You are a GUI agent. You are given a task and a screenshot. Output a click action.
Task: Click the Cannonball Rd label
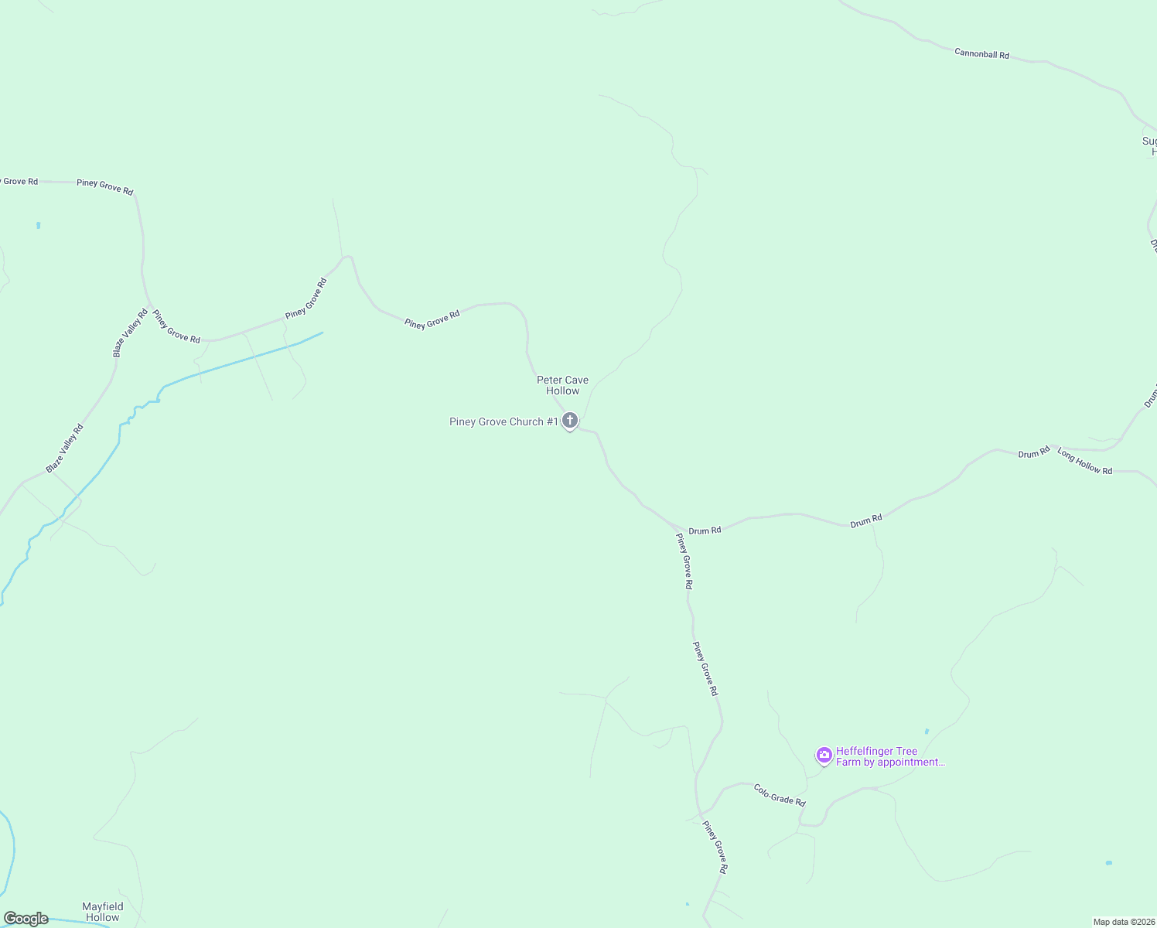[x=981, y=54]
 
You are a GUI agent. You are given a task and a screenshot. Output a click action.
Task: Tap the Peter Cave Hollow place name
[x=562, y=385]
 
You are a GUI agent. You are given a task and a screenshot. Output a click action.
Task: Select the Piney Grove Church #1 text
[x=503, y=421]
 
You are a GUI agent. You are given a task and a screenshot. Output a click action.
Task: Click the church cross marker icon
[x=570, y=421]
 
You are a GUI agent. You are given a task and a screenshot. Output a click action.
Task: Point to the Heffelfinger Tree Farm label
[x=889, y=756]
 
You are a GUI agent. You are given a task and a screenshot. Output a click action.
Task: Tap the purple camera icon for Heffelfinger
[x=824, y=755]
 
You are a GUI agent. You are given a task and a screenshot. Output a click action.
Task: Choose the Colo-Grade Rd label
[x=780, y=795]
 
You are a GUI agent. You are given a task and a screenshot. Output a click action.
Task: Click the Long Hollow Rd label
[x=1084, y=462]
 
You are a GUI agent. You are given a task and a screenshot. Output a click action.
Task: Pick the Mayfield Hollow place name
[x=103, y=912]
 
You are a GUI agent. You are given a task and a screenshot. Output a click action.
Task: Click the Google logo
[x=26, y=919]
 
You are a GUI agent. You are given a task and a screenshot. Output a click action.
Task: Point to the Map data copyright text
[x=1124, y=922]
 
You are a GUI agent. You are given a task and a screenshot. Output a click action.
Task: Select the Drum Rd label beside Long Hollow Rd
[x=1033, y=452]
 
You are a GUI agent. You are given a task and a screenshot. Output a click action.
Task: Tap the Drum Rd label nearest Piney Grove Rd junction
[x=705, y=531]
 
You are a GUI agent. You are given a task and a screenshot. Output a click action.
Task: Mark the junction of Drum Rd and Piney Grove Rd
[x=678, y=529]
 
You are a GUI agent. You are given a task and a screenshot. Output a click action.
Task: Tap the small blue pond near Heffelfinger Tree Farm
[x=927, y=731]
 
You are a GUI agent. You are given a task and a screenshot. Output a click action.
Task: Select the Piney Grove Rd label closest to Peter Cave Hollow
[x=432, y=319]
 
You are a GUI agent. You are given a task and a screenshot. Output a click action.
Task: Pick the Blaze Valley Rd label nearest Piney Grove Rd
[x=130, y=333]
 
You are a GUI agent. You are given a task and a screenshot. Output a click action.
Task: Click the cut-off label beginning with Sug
[x=1149, y=146]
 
